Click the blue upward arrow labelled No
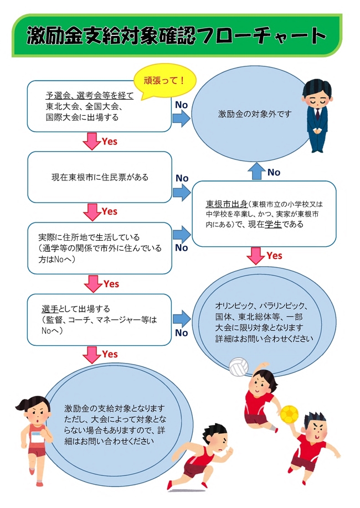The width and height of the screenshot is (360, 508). coord(256,172)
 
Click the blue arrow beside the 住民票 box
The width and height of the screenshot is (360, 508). coord(181,191)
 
